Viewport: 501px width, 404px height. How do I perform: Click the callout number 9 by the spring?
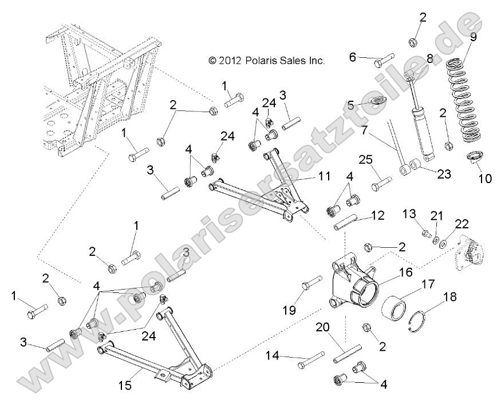point(473,38)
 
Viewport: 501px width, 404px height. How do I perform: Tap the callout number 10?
point(484,179)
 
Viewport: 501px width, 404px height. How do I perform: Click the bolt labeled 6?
point(380,59)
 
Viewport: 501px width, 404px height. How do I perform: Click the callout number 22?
point(462,223)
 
